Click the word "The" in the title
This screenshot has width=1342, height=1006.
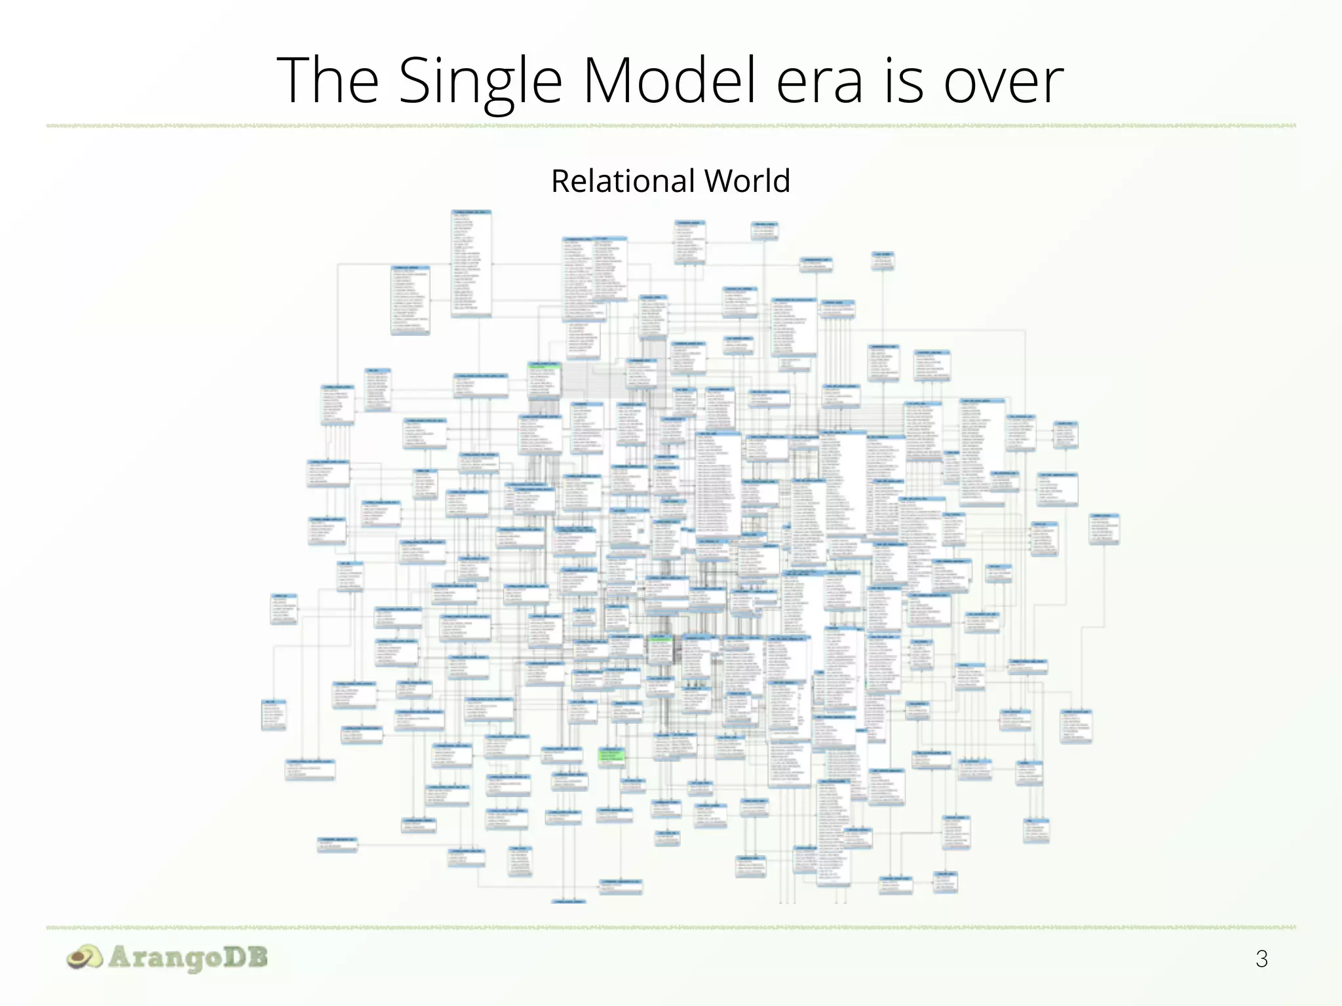(328, 80)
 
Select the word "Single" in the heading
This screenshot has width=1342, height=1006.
(480, 81)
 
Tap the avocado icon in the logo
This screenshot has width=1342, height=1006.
(85, 958)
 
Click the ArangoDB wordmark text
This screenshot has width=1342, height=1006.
(188, 958)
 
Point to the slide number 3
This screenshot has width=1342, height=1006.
(1261, 959)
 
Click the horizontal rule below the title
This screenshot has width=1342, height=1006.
(671, 125)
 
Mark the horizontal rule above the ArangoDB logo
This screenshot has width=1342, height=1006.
(671, 927)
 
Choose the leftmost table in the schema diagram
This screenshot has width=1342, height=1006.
(273, 715)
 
